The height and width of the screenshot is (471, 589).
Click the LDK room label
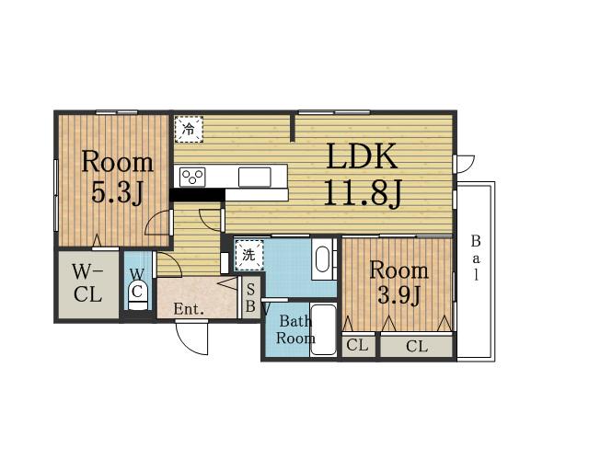[362, 155]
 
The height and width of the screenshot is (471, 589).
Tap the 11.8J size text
[363, 192]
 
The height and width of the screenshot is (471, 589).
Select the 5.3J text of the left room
[117, 193]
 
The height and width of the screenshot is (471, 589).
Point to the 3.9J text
[398, 295]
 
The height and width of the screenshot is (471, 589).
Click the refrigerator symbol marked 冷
[189, 129]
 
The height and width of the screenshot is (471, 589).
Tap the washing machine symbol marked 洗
[248, 255]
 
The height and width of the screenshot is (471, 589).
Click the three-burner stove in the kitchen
[192, 177]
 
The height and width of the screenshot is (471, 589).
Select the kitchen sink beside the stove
[255, 177]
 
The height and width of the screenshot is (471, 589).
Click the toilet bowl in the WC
[138, 294]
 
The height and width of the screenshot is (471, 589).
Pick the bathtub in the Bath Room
[323, 329]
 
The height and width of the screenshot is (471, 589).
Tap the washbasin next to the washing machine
[322, 259]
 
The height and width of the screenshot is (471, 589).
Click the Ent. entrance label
[189, 309]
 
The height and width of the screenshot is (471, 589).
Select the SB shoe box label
[250, 298]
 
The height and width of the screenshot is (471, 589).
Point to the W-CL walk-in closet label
[87, 282]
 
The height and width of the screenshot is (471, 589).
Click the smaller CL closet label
[357, 345]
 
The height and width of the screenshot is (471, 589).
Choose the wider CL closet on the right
[417, 346]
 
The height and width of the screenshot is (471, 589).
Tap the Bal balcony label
[476, 258]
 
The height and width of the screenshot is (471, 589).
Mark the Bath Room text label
[295, 329]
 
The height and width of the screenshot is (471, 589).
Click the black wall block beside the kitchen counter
[197, 195]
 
